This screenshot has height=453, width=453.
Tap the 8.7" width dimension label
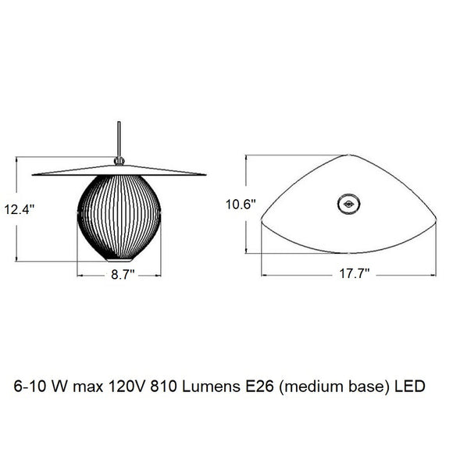(x=122, y=275)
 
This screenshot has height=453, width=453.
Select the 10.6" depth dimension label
(x=241, y=205)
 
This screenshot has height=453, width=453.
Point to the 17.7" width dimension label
(x=353, y=275)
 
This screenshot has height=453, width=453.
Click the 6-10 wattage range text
(x=30, y=386)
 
